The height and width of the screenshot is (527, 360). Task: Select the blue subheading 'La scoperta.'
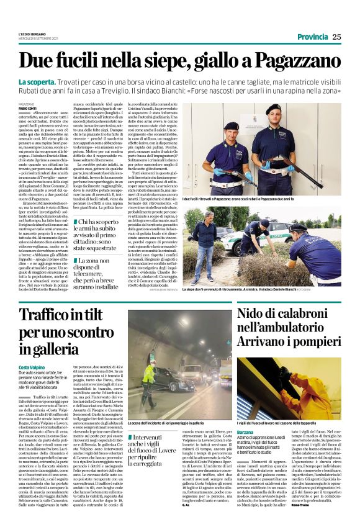click(56, 83)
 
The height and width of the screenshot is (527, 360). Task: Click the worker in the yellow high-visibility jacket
click(148, 375)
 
